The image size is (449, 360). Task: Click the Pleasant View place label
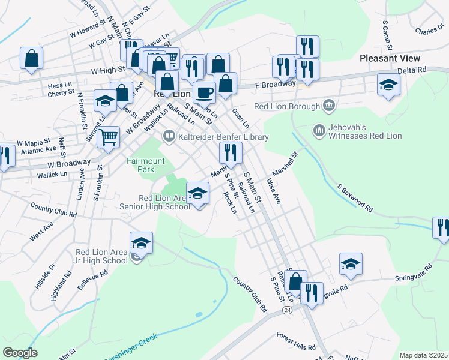pyautogui.click(x=390, y=58)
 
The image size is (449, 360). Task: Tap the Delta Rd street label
pyautogui.click(x=415, y=70)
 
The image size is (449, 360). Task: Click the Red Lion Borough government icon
pyautogui.click(x=328, y=106)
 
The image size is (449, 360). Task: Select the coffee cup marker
pyautogui.click(x=204, y=93)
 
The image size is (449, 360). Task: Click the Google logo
pyautogui.click(x=20, y=353)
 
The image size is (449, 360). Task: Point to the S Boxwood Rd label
pyautogui.click(x=355, y=199)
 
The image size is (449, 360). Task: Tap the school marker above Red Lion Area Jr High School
pyautogui.click(x=142, y=243)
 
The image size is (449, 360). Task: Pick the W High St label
pyautogui.click(x=107, y=71)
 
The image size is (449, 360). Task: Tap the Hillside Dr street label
pyautogui.click(x=45, y=275)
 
